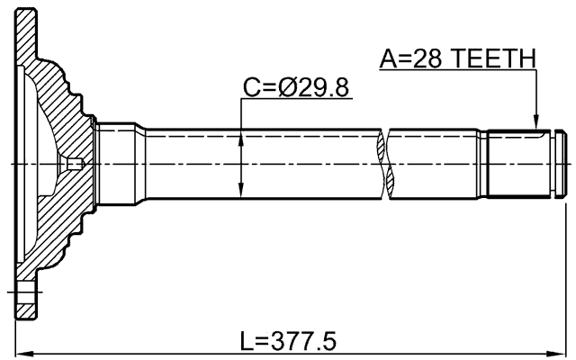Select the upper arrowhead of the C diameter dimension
241,137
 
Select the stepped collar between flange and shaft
117,163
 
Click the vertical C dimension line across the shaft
241,163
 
